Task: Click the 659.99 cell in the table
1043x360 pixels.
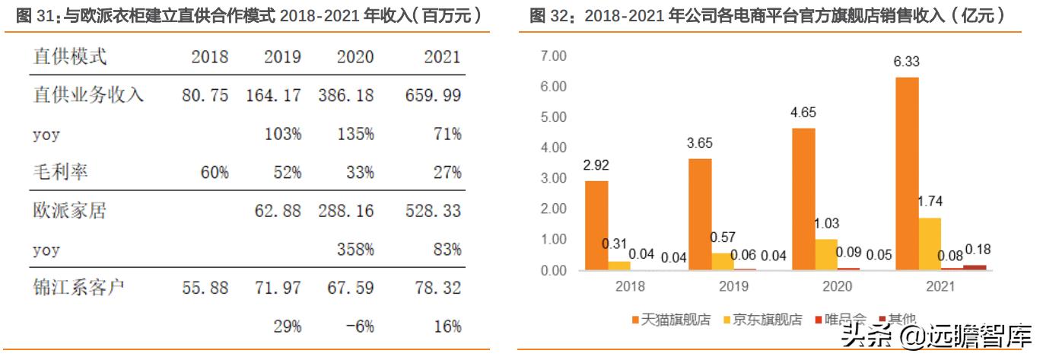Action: click(x=431, y=96)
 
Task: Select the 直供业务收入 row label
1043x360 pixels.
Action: click(x=89, y=96)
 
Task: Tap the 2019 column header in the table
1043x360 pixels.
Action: click(x=282, y=57)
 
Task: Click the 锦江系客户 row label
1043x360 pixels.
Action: click(x=79, y=288)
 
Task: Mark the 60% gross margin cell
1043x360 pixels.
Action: click(x=213, y=173)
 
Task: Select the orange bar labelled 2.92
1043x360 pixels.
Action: click(x=596, y=225)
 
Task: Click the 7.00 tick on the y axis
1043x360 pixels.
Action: click(x=553, y=56)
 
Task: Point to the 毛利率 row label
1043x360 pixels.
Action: click(x=61, y=173)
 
